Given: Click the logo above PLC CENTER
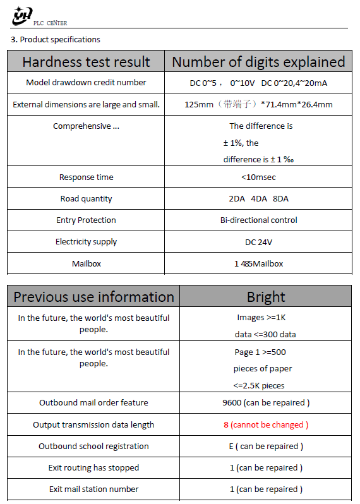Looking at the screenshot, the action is click(x=22, y=15).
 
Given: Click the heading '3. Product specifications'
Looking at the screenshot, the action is click(x=56, y=40).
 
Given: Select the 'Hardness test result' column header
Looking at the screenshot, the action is click(x=86, y=62).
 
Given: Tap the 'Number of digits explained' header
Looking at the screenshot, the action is click(x=258, y=62).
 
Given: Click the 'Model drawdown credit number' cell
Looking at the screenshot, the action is click(x=86, y=83).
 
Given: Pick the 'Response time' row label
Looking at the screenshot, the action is click(x=86, y=177).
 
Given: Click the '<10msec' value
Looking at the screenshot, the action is click(x=258, y=177).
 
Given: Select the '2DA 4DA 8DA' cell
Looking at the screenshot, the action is click(x=258, y=199).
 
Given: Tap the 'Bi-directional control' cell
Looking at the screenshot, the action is click(x=258, y=220).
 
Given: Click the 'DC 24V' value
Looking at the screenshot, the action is click(x=258, y=242).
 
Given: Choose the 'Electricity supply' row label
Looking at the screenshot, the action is click(x=86, y=242).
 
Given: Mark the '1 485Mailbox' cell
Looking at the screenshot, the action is click(x=258, y=263).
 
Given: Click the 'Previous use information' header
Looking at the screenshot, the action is click(x=93, y=297).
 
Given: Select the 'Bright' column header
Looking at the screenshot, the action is click(x=266, y=297).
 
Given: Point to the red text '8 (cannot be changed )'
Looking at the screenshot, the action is click(x=266, y=425).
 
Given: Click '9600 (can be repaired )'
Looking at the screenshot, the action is click(x=266, y=403).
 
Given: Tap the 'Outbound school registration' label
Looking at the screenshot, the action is click(x=93, y=447).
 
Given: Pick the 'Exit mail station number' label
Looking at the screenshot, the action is click(x=93, y=489).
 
